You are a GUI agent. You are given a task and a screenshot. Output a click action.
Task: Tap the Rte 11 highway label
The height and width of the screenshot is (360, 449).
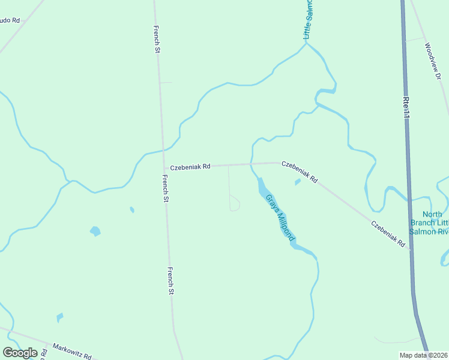406,107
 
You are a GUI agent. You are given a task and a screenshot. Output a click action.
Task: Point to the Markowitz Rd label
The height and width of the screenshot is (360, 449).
71,351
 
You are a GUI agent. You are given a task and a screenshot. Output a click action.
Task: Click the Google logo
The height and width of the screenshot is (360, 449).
20,353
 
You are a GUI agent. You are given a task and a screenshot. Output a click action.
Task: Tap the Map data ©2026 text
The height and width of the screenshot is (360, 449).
424,355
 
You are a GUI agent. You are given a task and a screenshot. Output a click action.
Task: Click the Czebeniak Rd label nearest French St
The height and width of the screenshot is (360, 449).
190,167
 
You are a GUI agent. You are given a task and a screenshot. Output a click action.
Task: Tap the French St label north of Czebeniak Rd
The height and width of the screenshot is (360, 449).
157,39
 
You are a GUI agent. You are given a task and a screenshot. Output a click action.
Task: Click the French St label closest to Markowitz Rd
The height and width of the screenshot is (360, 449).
170,281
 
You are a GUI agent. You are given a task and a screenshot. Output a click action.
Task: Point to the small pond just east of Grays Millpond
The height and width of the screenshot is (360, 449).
297,182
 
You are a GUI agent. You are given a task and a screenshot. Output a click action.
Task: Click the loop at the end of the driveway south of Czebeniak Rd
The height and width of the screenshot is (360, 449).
235,204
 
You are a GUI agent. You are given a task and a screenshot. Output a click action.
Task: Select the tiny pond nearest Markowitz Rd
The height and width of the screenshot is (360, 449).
59,317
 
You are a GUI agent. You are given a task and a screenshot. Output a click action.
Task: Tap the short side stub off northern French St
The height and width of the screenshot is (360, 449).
166,82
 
